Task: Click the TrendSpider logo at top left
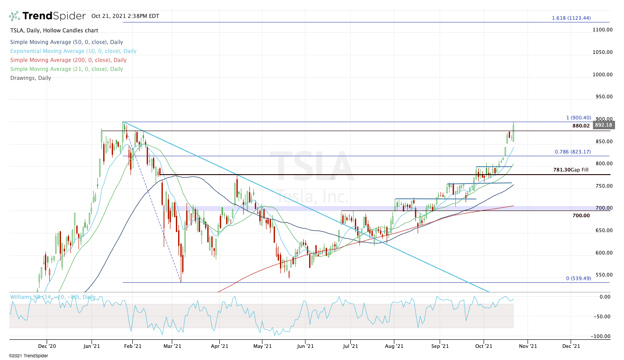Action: tap(47, 16)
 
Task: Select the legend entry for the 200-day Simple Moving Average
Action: tap(68, 60)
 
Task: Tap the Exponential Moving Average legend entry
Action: tap(73, 51)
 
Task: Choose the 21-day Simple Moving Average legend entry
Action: tap(66, 69)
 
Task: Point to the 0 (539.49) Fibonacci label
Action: tap(578, 278)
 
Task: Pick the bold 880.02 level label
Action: tap(581, 126)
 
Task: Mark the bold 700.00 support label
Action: tap(581, 216)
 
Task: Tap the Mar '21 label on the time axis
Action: tap(172, 346)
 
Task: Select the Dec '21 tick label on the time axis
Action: tap(570, 346)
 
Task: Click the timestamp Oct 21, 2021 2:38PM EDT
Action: tap(125, 16)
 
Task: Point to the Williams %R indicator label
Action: tap(52, 297)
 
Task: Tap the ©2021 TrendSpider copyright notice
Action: tap(28, 356)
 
